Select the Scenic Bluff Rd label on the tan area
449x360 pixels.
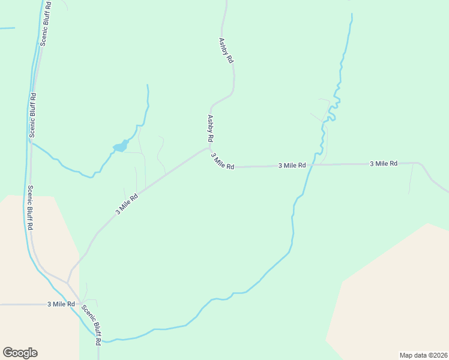[x=29, y=208]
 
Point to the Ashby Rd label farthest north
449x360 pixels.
[x=226, y=51]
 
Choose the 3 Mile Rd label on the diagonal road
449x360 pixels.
[x=127, y=204]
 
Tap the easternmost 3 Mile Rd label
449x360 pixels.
[x=384, y=163]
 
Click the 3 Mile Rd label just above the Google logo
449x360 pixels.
[x=61, y=304]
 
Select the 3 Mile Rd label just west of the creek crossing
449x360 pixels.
[x=292, y=165]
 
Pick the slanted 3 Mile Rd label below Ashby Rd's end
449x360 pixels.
[x=222, y=161]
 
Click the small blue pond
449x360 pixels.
[x=121, y=146]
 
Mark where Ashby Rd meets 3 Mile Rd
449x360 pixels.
[x=209, y=148]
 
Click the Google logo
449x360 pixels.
[x=20, y=353]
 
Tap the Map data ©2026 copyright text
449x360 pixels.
[x=423, y=355]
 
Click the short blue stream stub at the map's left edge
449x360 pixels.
[x=7, y=28]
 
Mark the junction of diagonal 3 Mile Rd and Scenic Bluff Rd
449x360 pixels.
[x=68, y=282]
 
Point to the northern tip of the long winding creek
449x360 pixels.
[x=351, y=15]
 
